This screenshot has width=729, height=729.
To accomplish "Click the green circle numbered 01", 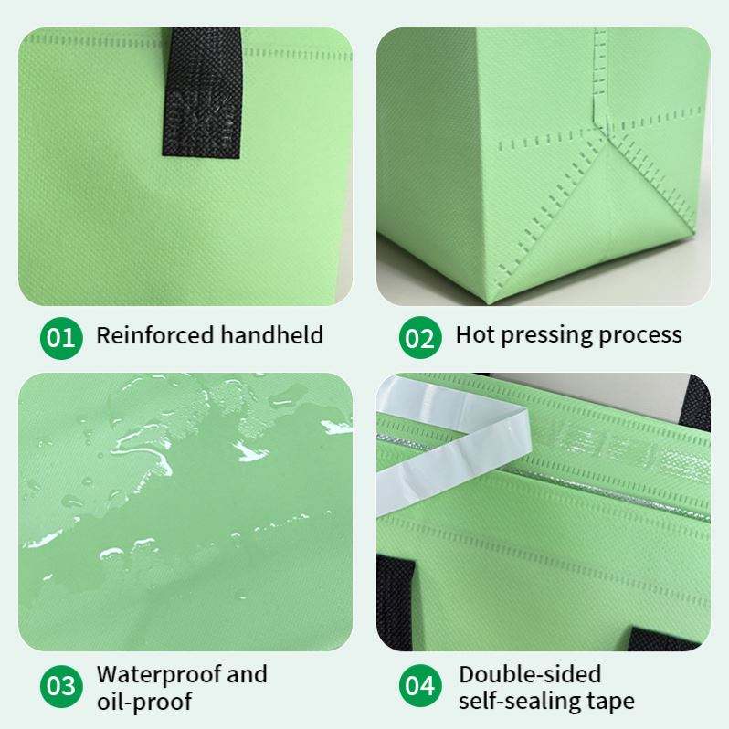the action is [x=61, y=338].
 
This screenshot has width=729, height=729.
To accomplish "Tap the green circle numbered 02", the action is [x=420, y=338].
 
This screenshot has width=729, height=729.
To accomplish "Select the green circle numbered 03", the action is [x=61, y=686].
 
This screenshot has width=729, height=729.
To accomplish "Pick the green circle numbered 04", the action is [x=420, y=686].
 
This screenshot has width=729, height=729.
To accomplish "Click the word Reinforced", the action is [x=154, y=334].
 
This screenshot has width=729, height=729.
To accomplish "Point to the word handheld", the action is [x=271, y=334].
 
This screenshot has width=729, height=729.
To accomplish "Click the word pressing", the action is [x=545, y=336].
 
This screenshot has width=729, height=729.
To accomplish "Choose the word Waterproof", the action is [x=159, y=675].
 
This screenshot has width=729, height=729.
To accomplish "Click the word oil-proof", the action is [x=144, y=702].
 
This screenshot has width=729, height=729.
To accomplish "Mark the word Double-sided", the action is [x=530, y=674].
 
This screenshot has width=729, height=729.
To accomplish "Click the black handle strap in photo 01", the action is [x=202, y=92].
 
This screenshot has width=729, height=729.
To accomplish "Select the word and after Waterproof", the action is [x=247, y=674].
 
